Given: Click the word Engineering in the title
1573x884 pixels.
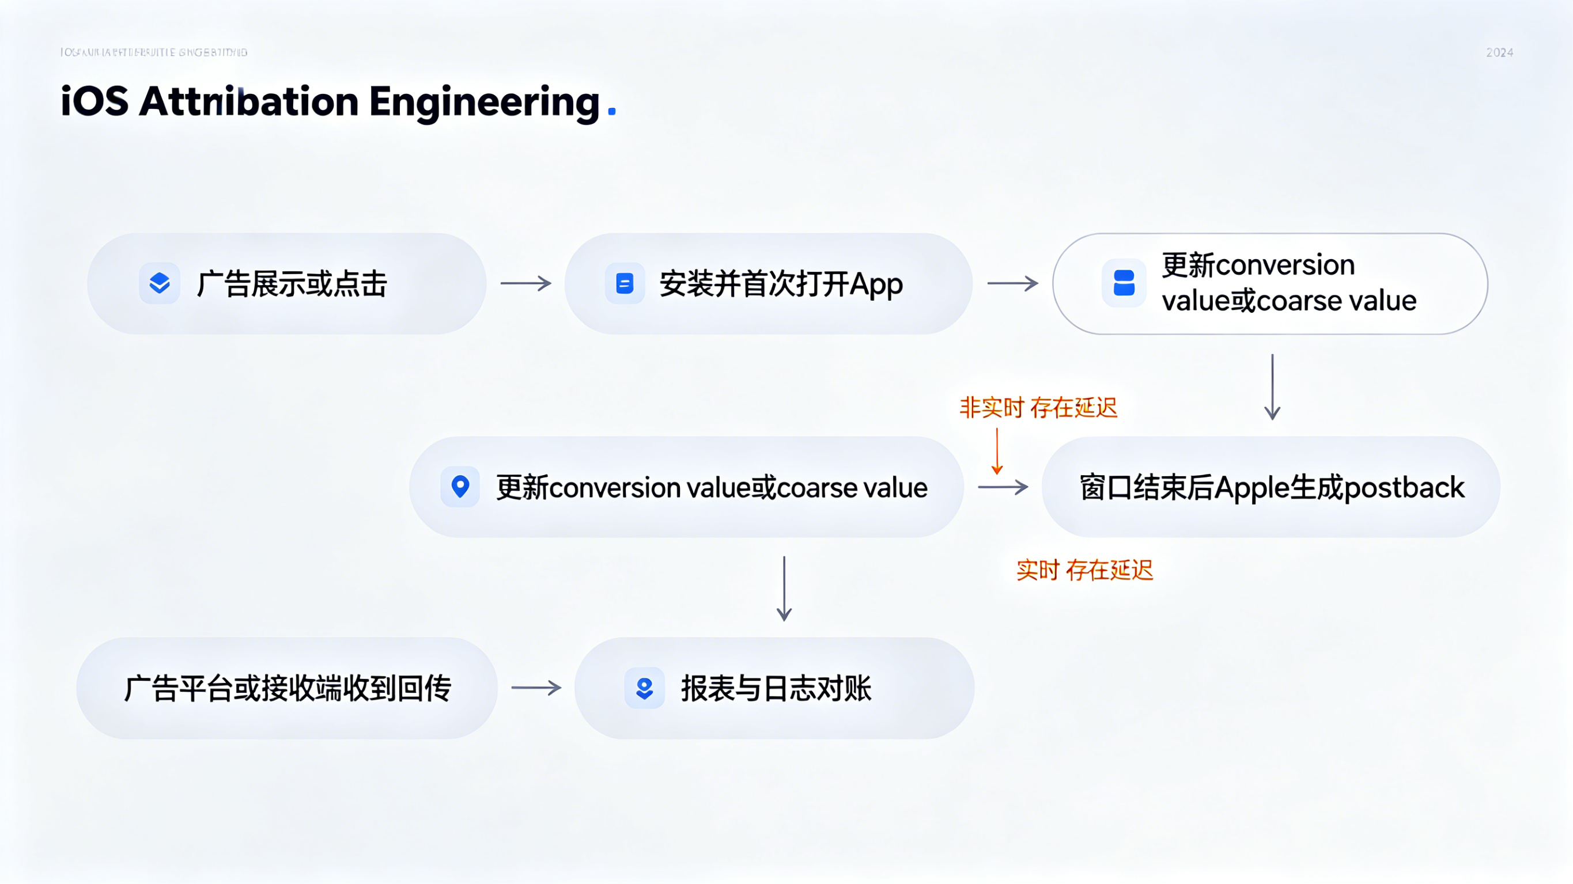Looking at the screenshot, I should pos(484,102).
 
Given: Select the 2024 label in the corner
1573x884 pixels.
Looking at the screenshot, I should pos(1499,52).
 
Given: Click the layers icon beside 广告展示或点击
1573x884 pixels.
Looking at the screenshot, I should pos(160,283).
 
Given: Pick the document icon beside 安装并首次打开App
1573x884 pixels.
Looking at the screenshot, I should pos(624,283).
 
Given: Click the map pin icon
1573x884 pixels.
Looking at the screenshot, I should pos(460,487).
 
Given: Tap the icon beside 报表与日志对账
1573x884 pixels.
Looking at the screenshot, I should pos(644,688).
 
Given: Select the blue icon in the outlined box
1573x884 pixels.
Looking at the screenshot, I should pos(1124,283).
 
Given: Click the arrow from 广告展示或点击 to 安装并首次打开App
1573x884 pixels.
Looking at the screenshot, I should pos(525,283).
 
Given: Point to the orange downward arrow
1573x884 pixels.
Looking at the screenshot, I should pos(997,451).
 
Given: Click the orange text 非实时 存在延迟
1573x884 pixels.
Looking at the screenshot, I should pos(1038,408).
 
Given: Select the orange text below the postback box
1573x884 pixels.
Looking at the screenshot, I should pos(1084,570).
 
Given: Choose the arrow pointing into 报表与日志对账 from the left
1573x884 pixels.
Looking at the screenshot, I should pos(536,688).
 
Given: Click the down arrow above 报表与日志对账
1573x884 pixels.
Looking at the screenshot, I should pos(784,589).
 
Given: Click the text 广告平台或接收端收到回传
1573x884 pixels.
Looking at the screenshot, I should pos(288,689).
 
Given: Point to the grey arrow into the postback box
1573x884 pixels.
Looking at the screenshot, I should pos(1003,487).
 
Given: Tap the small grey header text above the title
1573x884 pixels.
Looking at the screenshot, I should pos(154,52).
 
